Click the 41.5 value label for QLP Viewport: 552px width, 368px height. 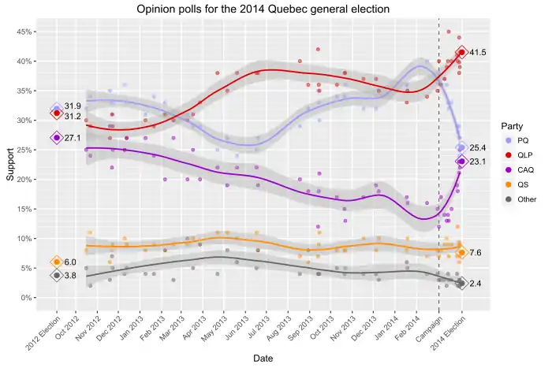click(x=478, y=53)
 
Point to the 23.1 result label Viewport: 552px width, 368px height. click(x=478, y=162)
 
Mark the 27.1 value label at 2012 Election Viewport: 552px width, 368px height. click(x=73, y=138)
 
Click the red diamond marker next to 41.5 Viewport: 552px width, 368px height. click(x=461, y=53)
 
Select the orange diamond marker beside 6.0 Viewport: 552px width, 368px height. click(x=57, y=262)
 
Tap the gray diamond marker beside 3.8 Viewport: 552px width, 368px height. click(x=57, y=275)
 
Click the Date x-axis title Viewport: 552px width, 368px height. click(x=263, y=359)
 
